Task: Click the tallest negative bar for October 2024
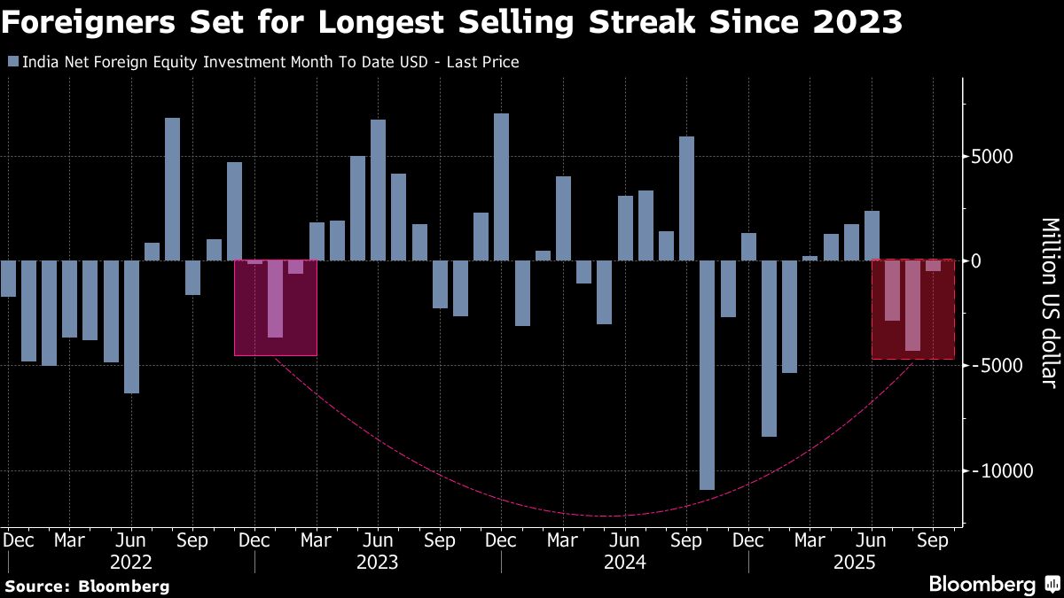tap(707, 375)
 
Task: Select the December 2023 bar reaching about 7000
tap(501, 187)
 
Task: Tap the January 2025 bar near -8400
tap(769, 348)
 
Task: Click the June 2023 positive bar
tap(378, 190)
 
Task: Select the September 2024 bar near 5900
tap(686, 198)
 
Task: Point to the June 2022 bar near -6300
tap(131, 326)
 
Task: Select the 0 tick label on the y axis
tap(977, 261)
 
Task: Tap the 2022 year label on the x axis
tap(130, 562)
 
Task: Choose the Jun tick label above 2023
tap(378, 540)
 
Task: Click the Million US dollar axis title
tap(1048, 301)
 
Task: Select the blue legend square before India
tap(12, 62)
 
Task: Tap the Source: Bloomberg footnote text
tap(87, 586)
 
